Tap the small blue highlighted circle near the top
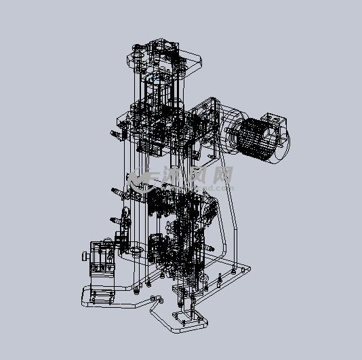tap(155, 79)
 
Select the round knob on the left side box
tap(85, 257)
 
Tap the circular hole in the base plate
tap(136, 251)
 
